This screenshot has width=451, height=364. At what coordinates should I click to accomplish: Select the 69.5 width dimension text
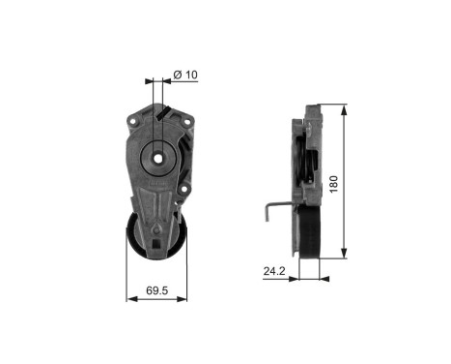[157, 288]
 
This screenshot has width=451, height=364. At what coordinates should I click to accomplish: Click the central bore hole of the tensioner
[156, 156]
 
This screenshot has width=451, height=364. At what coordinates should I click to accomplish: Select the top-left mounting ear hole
[128, 122]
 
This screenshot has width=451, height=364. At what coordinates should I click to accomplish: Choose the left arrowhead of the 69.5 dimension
[128, 298]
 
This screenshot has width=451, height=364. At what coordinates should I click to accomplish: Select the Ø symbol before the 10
[177, 74]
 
